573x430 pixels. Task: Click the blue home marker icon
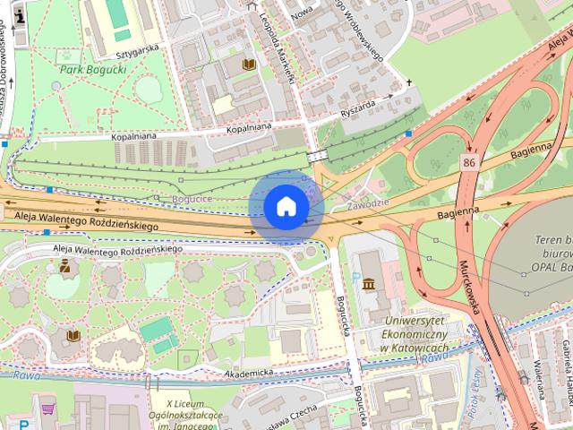coord(286,206)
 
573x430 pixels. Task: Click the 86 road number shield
coord(469,162)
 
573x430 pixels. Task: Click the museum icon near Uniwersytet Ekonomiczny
coord(369,285)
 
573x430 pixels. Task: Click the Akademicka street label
coord(248,372)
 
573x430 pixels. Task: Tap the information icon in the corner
coord(20,15)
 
